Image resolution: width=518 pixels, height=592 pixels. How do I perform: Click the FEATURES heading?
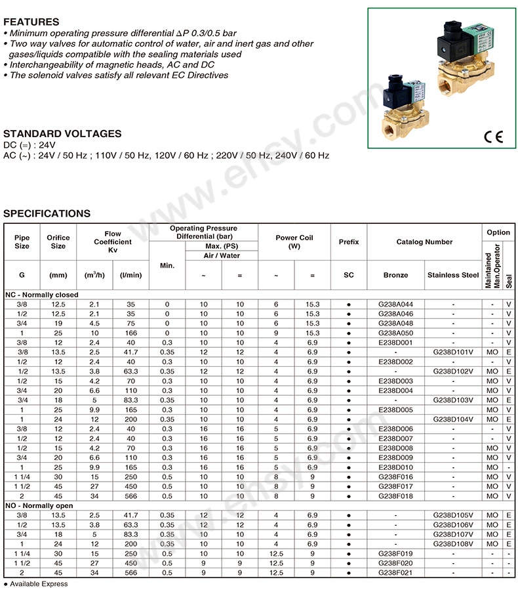[x=31, y=22]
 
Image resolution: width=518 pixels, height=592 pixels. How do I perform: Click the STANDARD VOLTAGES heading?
[x=62, y=133]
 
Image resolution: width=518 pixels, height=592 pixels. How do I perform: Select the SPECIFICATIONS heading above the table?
[x=47, y=213]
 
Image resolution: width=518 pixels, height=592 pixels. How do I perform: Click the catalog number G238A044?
[x=396, y=305]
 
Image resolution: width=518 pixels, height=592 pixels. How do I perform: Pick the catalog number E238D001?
[x=396, y=343]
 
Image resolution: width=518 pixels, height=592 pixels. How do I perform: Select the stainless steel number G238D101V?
[x=452, y=352]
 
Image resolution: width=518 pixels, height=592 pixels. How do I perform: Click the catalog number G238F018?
[x=396, y=496]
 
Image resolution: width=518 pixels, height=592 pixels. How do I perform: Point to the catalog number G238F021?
[x=396, y=572]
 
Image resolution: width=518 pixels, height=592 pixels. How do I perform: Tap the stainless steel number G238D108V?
[x=452, y=544]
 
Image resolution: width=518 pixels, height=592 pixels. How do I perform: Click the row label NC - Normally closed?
[x=42, y=295]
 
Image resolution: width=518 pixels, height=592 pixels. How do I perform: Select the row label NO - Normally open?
[x=39, y=506]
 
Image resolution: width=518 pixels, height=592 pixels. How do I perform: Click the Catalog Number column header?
[x=424, y=242]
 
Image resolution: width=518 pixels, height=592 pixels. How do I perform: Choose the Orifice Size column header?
[x=58, y=242]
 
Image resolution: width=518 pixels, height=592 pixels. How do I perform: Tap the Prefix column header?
[x=349, y=242]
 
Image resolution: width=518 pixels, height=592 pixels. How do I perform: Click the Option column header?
[x=498, y=232]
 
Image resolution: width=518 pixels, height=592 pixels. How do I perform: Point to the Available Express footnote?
[x=35, y=584]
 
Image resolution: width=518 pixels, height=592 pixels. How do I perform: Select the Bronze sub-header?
[x=396, y=275]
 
